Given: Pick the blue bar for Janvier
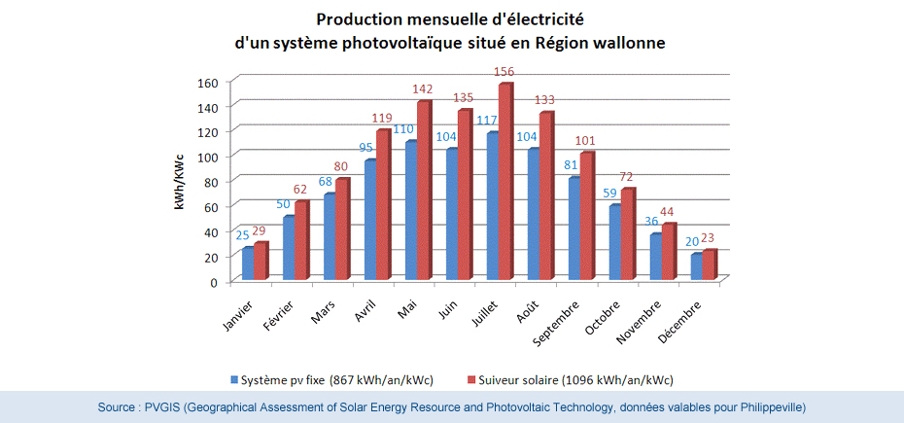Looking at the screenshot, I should tap(248, 264).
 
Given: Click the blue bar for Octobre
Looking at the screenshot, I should tap(613, 243).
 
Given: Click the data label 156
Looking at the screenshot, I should tap(504, 72).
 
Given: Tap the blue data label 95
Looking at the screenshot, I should tap(366, 148).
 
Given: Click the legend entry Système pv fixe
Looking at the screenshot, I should tap(336, 379).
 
